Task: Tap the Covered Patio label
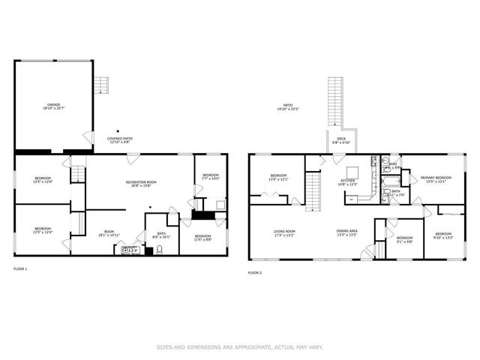[120, 139]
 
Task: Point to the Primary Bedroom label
[434, 179]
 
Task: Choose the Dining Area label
[347, 232]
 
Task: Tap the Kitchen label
[348, 182]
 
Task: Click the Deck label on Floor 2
[341, 140]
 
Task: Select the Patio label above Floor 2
[288, 107]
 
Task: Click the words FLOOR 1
[20, 268]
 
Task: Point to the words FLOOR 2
[255, 272]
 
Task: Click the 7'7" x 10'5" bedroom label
[211, 177]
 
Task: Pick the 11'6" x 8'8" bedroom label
[204, 240]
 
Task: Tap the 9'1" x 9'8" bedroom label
[403, 239]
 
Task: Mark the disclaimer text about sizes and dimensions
[240, 346]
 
